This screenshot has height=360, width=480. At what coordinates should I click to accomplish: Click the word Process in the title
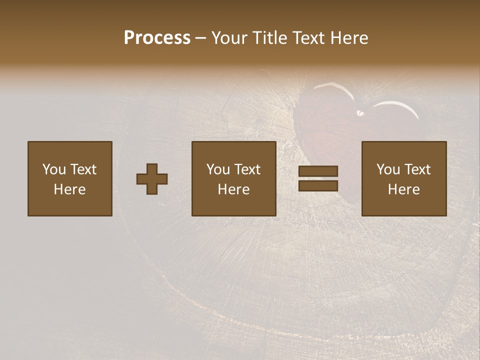(x=157, y=38)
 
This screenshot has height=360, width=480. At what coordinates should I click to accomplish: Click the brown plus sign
(x=152, y=178)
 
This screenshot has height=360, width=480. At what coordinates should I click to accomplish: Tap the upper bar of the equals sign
(x=318, y=171)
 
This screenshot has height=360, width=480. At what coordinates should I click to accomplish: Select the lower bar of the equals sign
(x=318, y=186)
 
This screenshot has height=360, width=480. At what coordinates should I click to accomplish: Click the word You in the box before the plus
(x=54, y=169)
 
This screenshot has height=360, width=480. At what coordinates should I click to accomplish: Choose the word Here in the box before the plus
(x=69, y=189)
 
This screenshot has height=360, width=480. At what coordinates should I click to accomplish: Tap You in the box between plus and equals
(x=218, y=169)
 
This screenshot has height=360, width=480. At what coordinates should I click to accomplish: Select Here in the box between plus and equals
(x=233, y=189)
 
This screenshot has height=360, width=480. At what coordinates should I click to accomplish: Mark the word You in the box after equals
(x=388, y=169)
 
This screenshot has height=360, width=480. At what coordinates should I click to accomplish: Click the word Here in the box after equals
(x=403, y=189)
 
